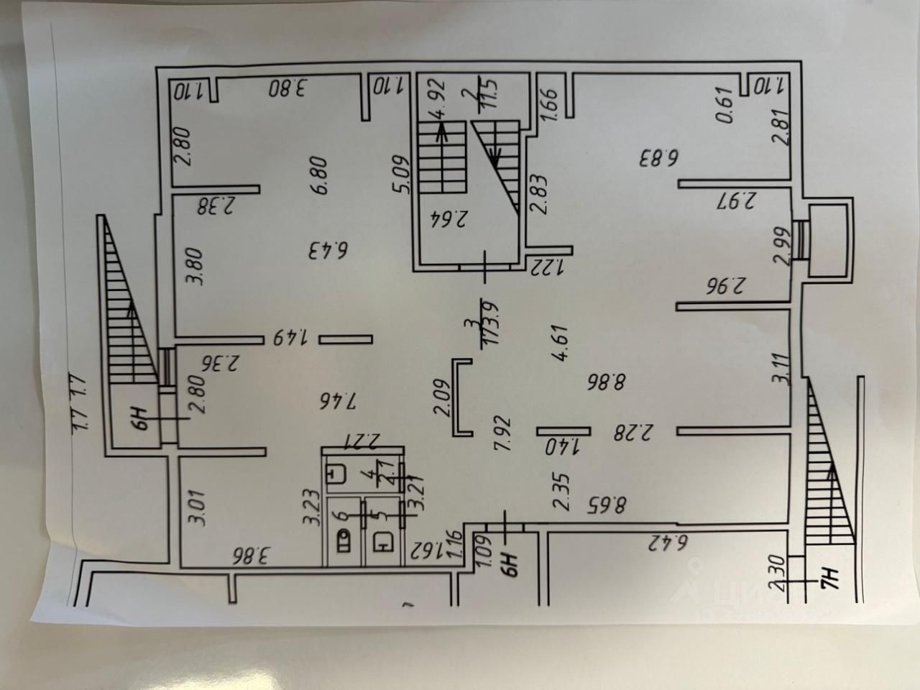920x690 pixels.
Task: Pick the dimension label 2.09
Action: [x=443, y=399]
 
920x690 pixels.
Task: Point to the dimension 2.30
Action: [x=775, y=578]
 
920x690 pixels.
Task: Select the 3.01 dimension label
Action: [x=201, y=507]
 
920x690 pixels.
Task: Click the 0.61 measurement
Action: [x=725, y=104]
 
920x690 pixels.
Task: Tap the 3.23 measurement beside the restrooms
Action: [x=310, y=507]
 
